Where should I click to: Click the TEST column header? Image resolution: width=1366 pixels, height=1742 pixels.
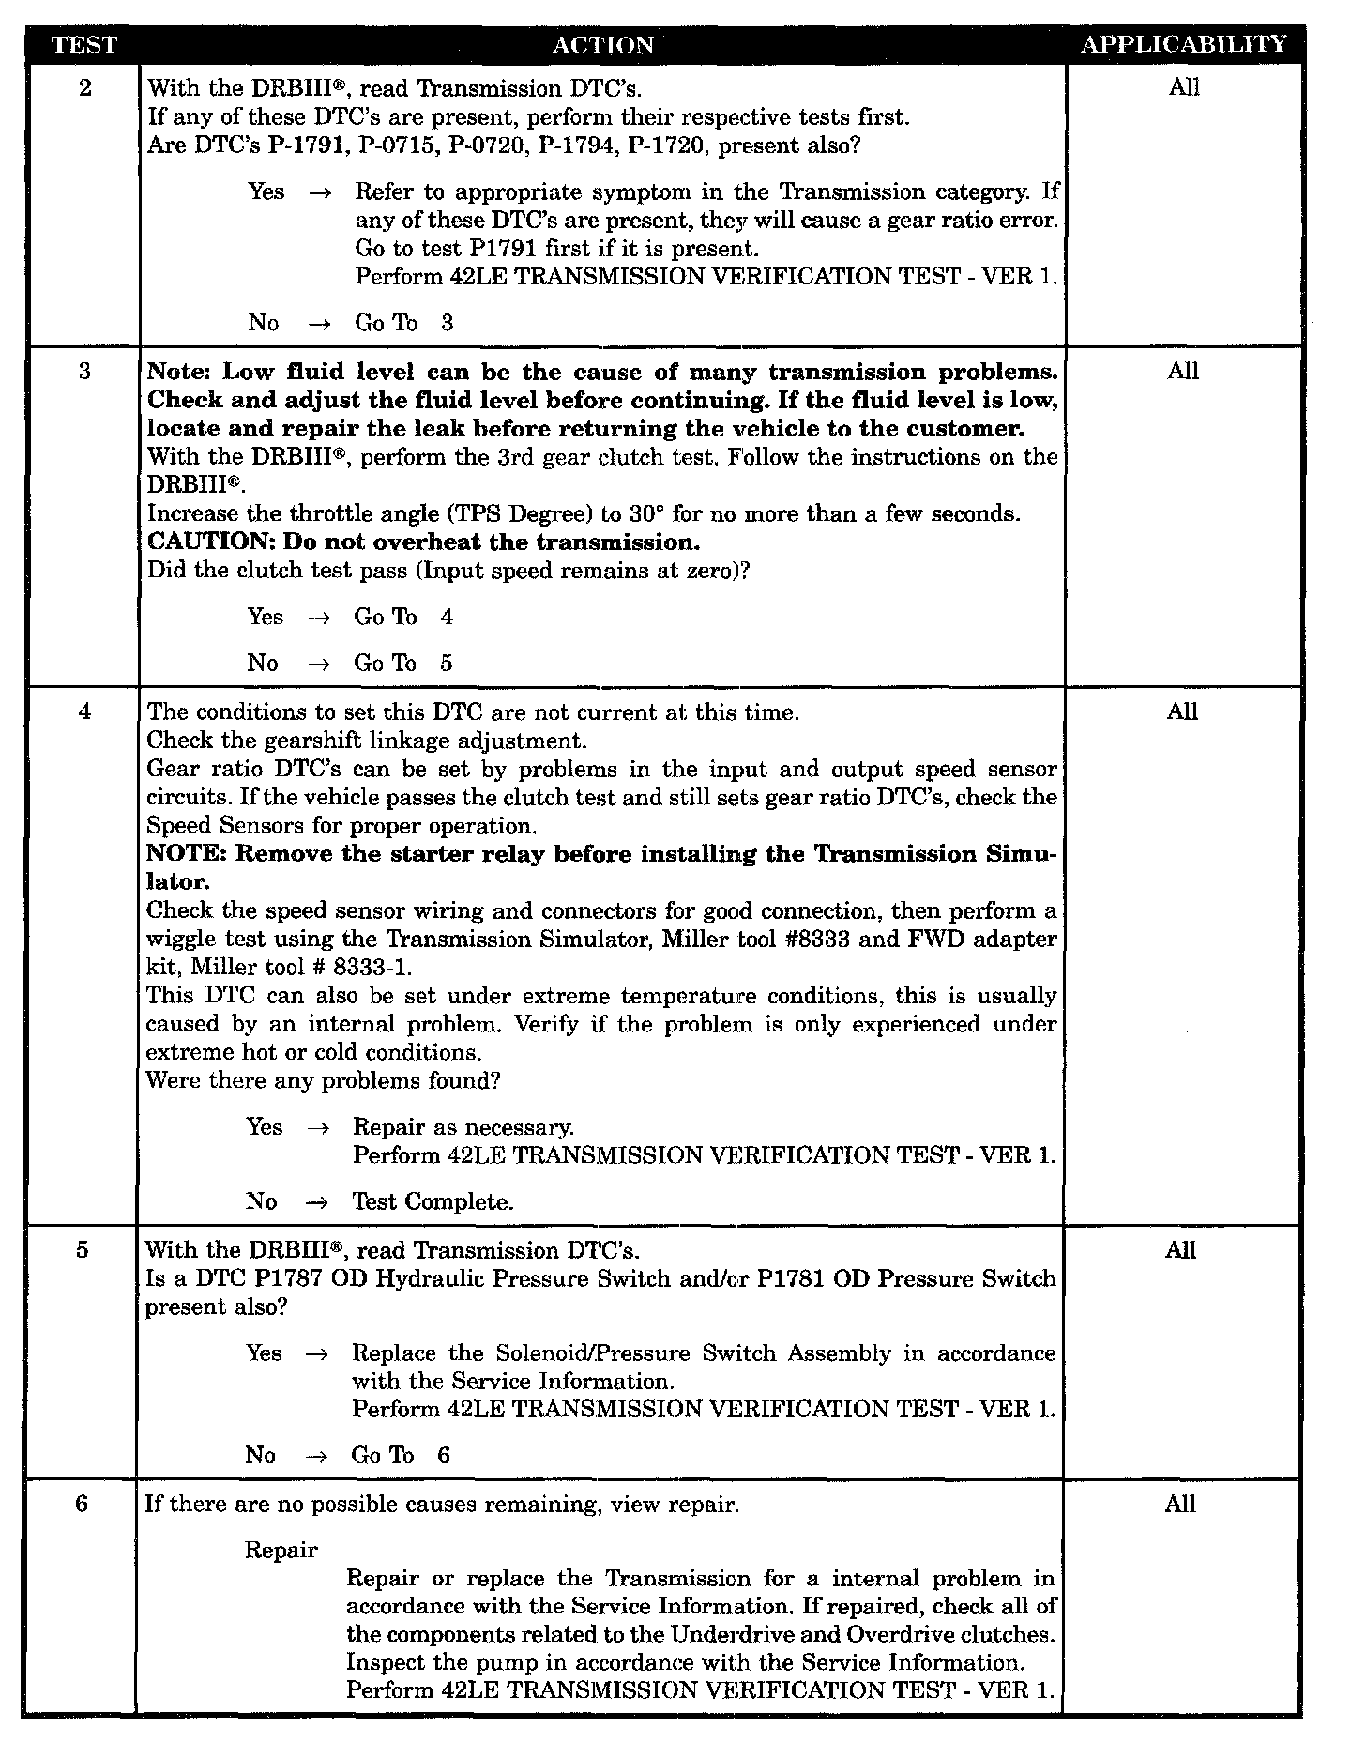click(83, 44)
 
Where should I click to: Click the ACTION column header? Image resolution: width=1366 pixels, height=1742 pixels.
click(602, 44)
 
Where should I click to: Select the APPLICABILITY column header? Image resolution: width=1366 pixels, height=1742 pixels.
click(1183, 44)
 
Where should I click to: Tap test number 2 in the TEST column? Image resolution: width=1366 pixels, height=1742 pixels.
click(85, 89)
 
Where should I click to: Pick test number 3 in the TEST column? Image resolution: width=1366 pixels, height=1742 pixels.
click(84, 372)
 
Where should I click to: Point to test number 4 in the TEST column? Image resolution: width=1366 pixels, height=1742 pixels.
click(84, 711)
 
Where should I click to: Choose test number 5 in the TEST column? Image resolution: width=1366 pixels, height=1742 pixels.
click(83, 1250)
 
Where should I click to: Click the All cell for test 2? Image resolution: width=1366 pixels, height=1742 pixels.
click(1184, 88)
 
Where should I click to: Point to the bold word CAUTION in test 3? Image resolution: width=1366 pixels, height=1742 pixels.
click(208, 542)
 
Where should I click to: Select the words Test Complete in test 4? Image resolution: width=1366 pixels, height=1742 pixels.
click(433, 1202)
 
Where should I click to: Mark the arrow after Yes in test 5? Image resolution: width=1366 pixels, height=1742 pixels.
click(317, 1354)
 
